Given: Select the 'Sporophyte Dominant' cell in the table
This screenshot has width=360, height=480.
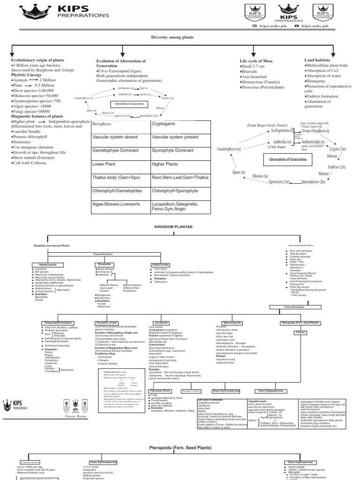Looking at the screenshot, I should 172,150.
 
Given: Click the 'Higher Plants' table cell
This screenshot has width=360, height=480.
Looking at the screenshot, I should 165,165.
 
